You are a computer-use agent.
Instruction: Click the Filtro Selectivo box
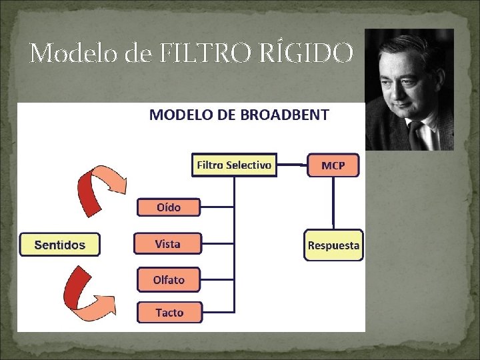[234, 165]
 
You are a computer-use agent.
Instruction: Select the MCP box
[333, 165]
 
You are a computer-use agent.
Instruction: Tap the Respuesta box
[333, 245]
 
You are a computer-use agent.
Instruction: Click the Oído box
[169, 207]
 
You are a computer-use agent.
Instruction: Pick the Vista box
[168, 243]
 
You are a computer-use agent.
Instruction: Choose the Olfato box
[169, 279]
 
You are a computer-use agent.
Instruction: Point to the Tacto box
[169, 312]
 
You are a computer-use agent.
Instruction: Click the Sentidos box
[60, 245]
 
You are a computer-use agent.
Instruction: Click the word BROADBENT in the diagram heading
[287, 115]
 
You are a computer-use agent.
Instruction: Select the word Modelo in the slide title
[73, 53]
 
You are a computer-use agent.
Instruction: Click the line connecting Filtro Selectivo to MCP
[291, 164]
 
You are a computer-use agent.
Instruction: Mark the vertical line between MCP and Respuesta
[333, 203]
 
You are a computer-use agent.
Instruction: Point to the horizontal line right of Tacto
[218, 311]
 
